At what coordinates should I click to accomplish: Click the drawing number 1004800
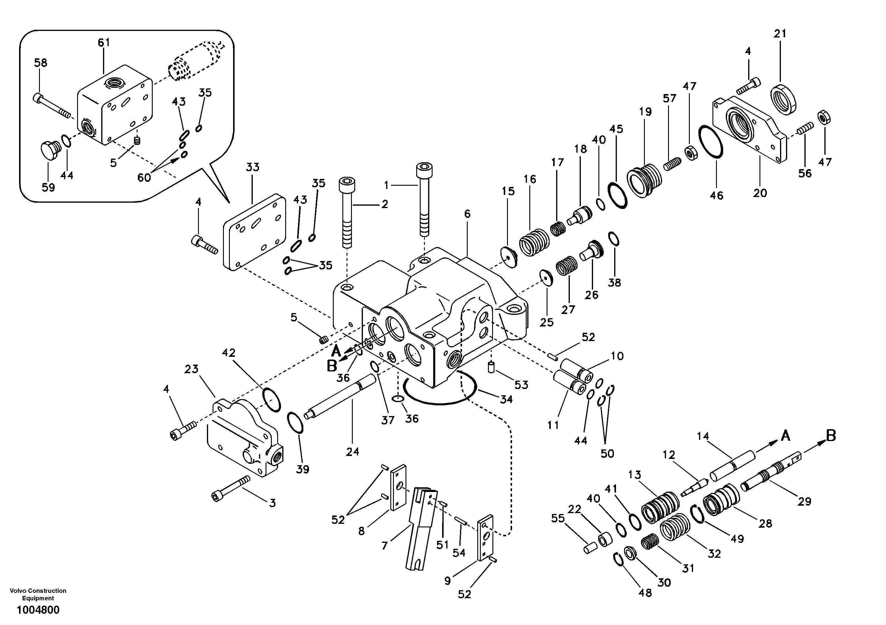click(x=38, y=610)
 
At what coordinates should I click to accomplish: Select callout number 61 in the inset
click(x=104, y=43)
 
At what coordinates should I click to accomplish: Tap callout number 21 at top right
click(x=780, y=34)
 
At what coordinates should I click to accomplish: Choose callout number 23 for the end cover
click(x=191, y=369)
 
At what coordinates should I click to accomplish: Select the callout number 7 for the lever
click(x=384, y=545)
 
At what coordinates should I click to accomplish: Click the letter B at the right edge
click(x=831, y=436)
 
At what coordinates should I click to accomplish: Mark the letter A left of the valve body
click(x=336, y=351)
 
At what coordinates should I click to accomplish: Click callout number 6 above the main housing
click(x=467, y=214)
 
